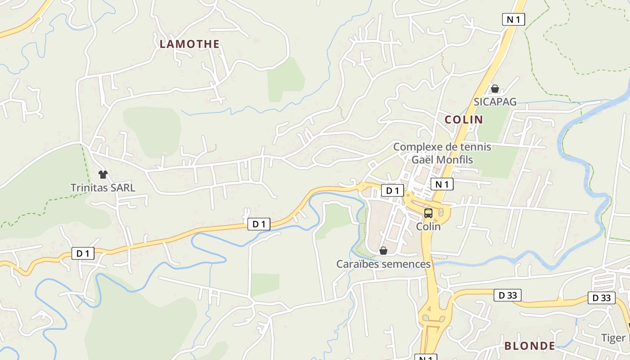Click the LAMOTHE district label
(189, 44)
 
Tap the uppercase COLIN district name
(463, 120)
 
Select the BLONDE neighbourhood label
(529, 346)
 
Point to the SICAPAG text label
(495, 102)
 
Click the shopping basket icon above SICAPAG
(495, 89)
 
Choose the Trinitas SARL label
(103, 188)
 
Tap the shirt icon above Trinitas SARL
(103, 175)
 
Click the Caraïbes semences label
(383, 264)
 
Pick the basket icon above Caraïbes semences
(383, 251)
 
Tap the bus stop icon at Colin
(428, 213)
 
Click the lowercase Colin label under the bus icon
(428, 227)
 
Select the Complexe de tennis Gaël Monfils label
(442, 153)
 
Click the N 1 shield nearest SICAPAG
(513, 19)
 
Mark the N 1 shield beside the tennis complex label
(442, 184)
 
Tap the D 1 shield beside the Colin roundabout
(392, 191)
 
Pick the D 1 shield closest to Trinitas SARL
(83, 253)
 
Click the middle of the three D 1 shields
(259, 224)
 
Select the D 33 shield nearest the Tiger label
(601, 298)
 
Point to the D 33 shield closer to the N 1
(507, 295)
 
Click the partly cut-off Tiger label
(615, 338)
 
